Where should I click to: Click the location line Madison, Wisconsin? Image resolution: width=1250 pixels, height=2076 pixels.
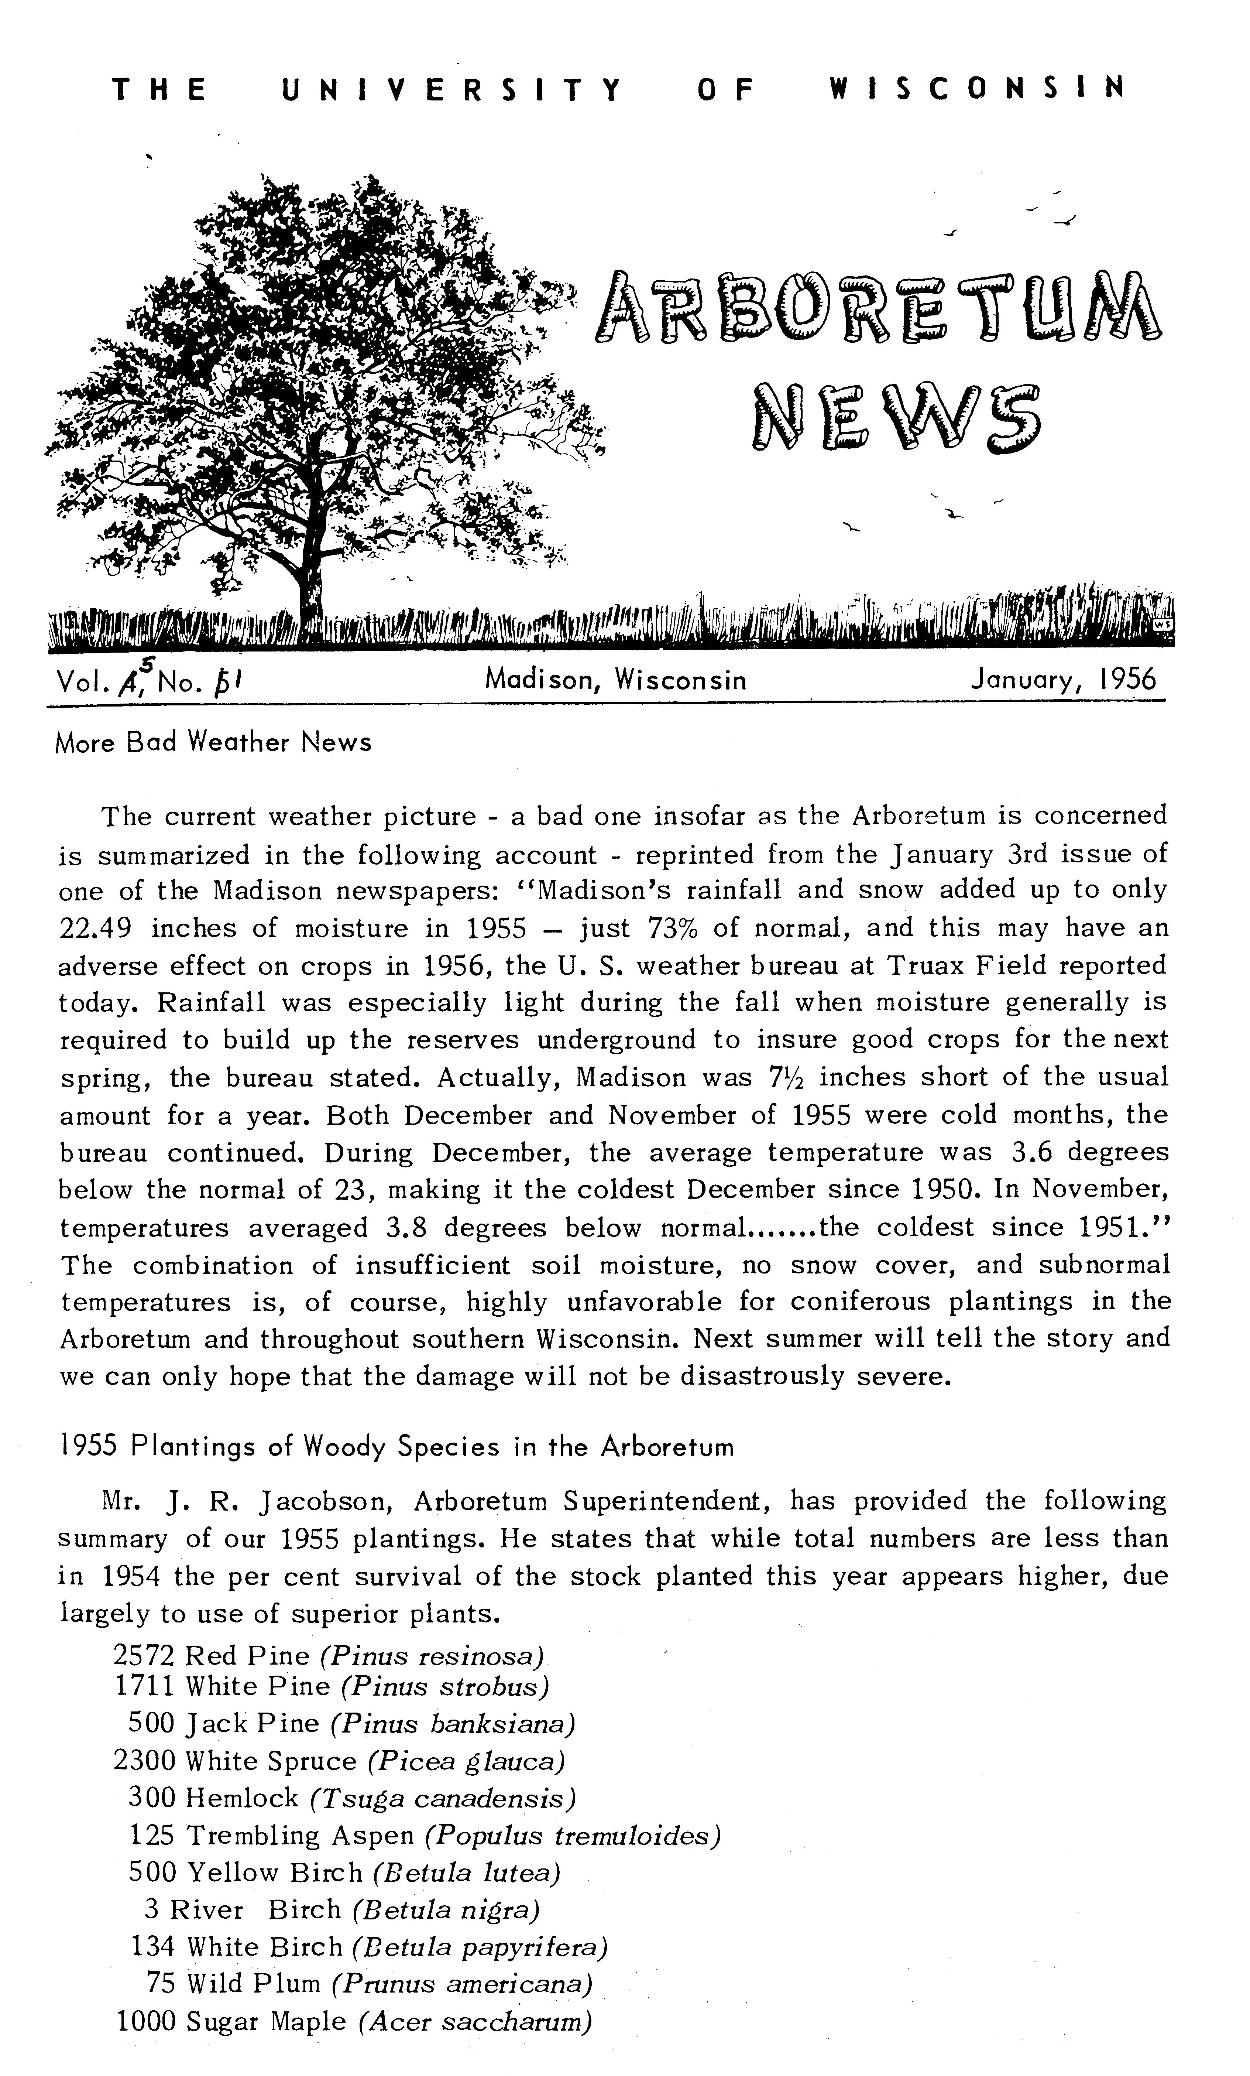(x=615, y=679)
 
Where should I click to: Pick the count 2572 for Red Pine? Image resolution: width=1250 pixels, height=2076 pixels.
(x=143, y=1656)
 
